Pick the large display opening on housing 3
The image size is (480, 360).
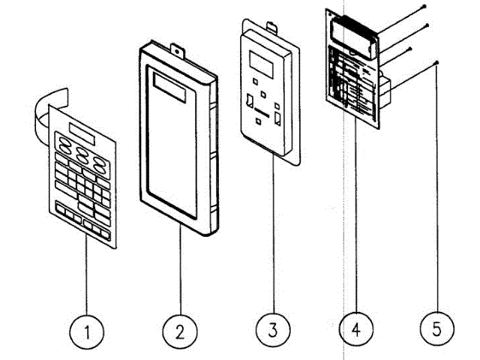[x=261, y=61]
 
